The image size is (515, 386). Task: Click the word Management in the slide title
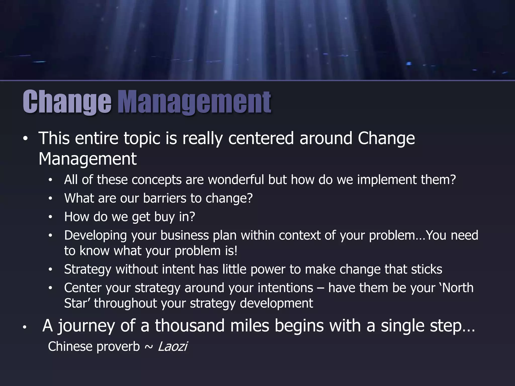click(194, 102)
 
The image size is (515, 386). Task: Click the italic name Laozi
click(173, 347)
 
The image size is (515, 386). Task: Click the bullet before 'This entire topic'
click(25, 140)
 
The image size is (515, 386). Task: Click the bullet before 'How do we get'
click(50, 217)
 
